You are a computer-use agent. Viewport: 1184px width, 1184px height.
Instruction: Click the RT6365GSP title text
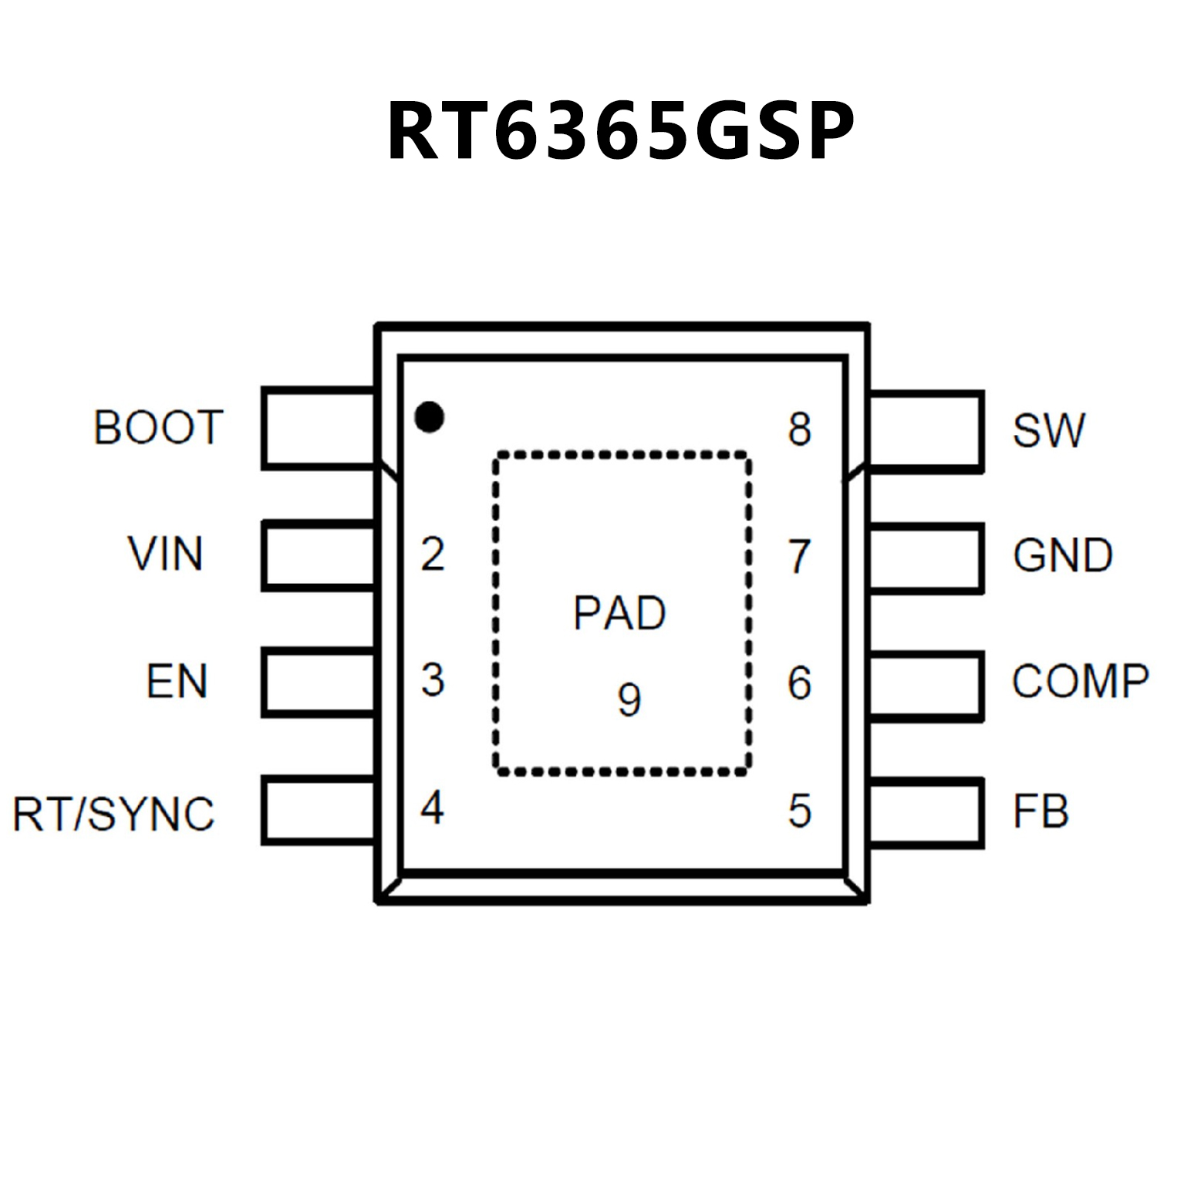click(620, 131)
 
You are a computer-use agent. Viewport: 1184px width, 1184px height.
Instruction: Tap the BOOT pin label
click(158, 427)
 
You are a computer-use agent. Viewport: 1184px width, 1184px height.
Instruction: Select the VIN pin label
click(166, 554)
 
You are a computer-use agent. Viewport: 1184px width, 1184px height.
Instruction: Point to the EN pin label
click(177, 682)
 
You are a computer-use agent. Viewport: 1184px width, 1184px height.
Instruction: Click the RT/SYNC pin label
click(113, 814)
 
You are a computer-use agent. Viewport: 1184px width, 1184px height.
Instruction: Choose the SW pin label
click(1048, 430)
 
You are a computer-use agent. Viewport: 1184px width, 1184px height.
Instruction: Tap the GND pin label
click(1062, 555)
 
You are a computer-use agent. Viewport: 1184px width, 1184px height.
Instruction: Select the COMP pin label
click(1080, 682)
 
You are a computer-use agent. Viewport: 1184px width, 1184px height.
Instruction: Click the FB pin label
click(1041, 811)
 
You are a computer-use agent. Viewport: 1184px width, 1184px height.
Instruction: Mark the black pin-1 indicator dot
click(429, 417)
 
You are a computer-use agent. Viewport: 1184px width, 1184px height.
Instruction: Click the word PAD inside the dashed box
click(619, 613)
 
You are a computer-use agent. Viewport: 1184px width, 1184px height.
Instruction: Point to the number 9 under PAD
click(629, 700)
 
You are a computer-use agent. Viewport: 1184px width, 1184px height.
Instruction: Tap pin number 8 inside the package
click(800, 429)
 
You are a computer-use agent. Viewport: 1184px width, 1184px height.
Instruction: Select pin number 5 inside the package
click(800, 811)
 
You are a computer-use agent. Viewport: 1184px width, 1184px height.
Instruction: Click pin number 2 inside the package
click(433, 555)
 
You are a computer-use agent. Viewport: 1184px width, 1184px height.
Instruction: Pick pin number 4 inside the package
click(432, 808)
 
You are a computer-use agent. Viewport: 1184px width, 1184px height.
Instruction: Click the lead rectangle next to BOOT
click(318, 428)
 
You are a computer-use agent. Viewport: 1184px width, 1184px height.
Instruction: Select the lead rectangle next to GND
click(926, 558)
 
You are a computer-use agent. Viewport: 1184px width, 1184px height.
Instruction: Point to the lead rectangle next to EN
click(318, 682)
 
